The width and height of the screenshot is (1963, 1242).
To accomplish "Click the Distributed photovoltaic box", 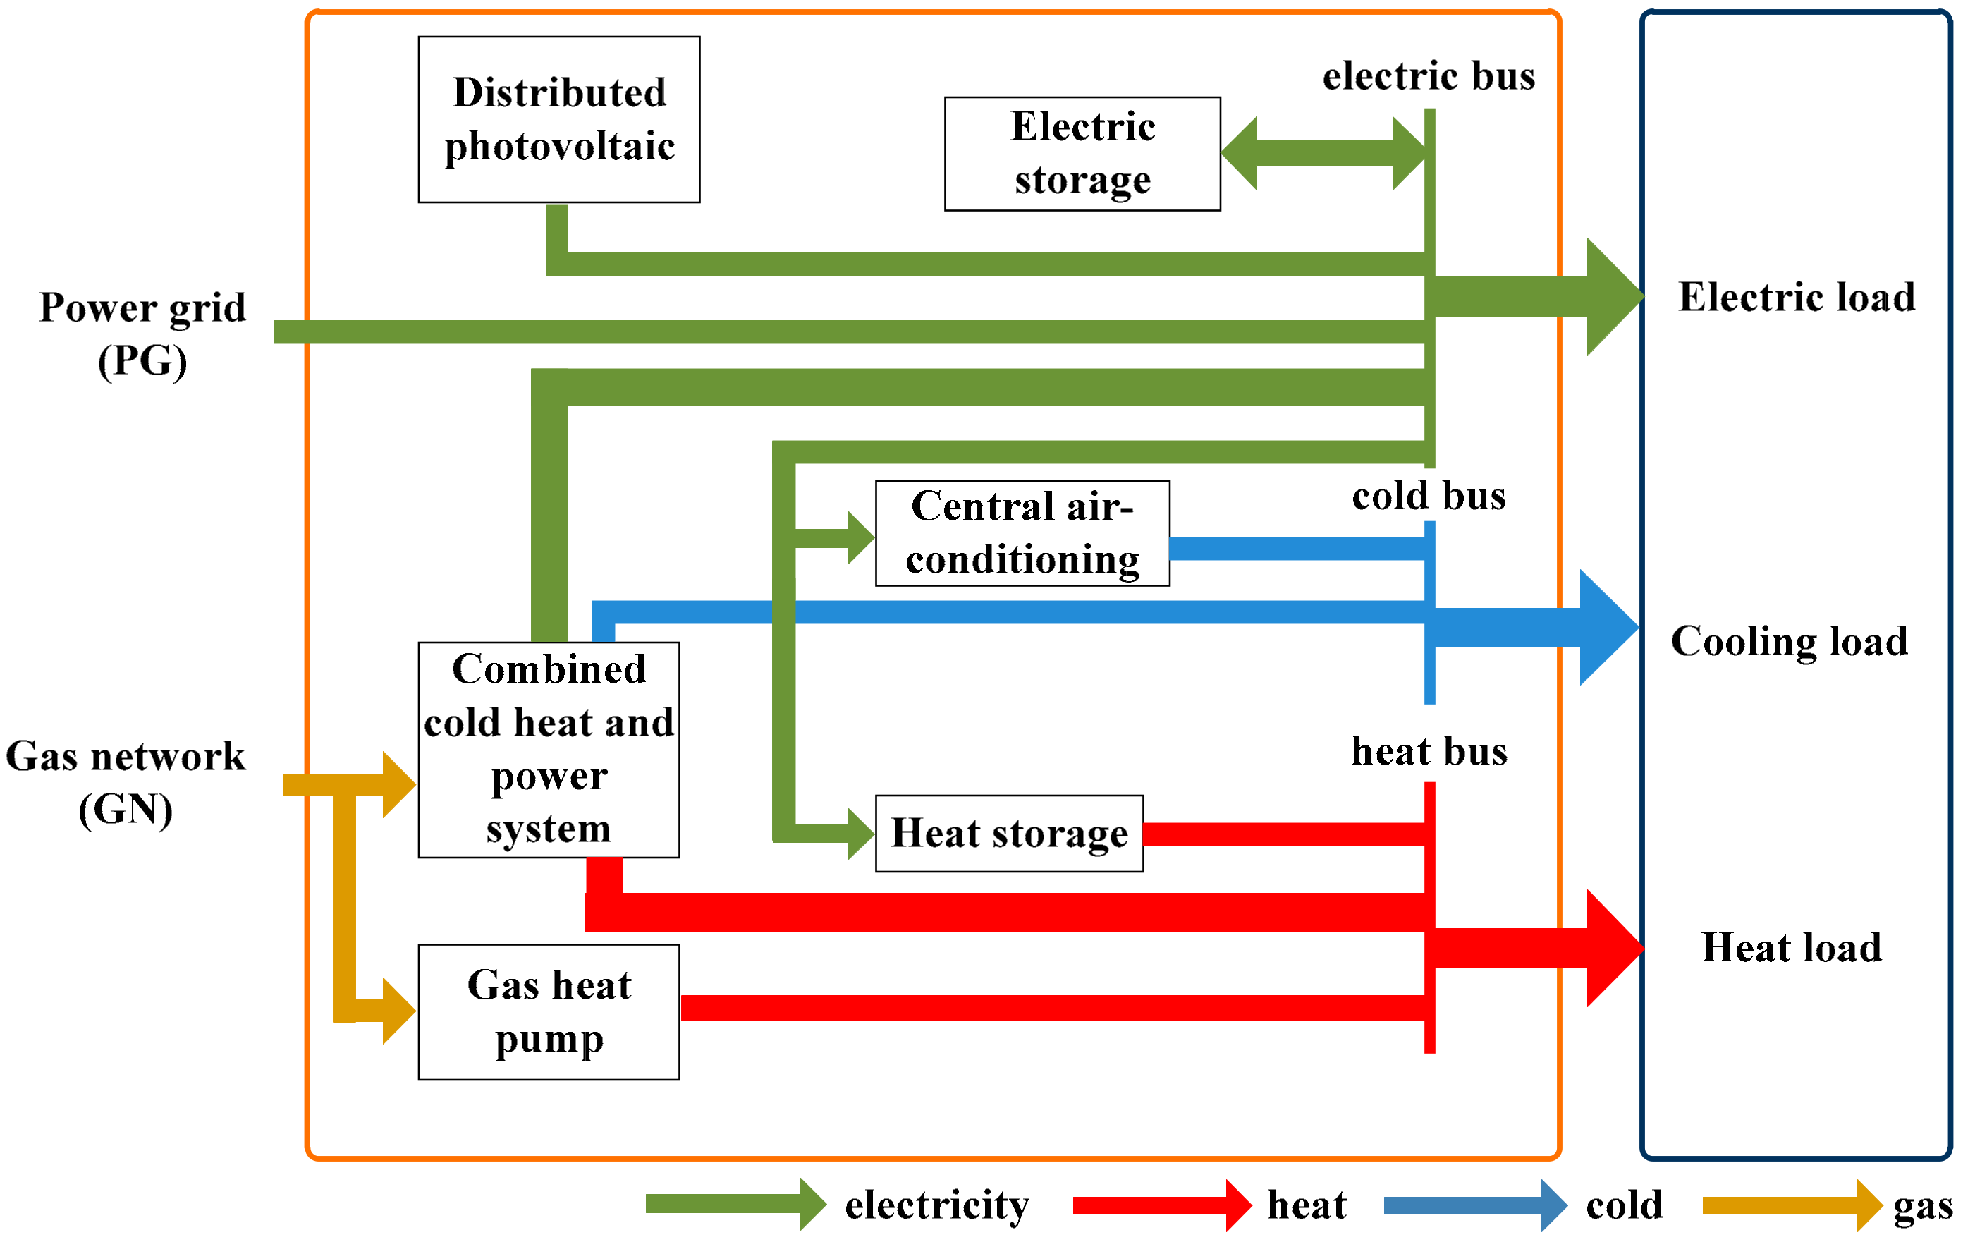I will pyautogui.click(x=558, y=119).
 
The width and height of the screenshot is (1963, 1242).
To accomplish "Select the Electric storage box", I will pyautogui.click(x=1082, y=153).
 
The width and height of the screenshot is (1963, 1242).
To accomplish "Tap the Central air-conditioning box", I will pyautogui.click(x=1022, y=532).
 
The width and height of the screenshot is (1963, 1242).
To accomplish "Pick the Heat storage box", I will pyautogui.click(x=1008, y=833).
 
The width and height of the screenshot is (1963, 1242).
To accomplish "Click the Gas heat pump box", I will pyautogui.click(x=549, y=1011).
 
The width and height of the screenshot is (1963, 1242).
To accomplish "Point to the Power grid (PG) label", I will pyautogui.click(x=142, y=333).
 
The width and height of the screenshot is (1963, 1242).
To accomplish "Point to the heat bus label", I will pyautogui.click(x=1429, y=751).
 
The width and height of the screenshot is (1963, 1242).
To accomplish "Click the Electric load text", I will pyautogui.click(x=1796, y=297).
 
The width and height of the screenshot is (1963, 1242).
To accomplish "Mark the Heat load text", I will pyautogui.click(x=1791, y=948).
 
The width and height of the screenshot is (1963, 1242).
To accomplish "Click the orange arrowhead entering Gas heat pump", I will pyautogui.click(x=398, y=1011).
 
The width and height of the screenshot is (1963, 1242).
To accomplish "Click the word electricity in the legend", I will pyautogui.click(x=936, y=1205).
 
